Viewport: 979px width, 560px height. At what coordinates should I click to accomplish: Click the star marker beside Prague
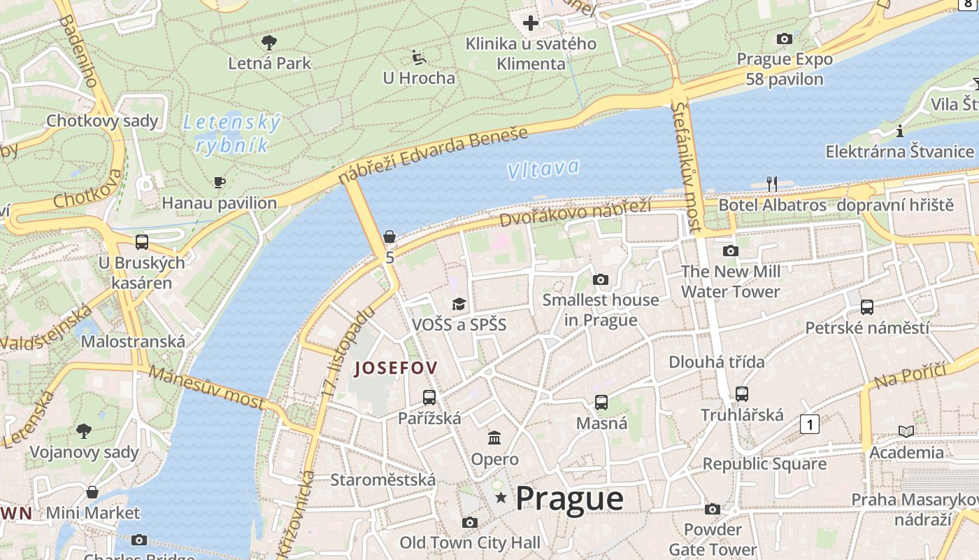click(x=501, y=498)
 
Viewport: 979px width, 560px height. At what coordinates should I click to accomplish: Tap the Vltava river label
click(x=543, y=169)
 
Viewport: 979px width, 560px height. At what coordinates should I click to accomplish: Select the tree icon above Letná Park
click(x=269, y=43)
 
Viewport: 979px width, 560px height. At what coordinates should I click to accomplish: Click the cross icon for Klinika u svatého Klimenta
click(x=531, y=23)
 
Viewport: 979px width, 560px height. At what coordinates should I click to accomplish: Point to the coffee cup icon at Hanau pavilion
click(x=220, y=183)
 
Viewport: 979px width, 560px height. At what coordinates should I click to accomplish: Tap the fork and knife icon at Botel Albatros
click(x=772, y=184)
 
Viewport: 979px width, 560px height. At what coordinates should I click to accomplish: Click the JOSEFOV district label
click(x=396, y=368)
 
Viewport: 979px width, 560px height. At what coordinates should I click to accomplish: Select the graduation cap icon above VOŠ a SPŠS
click(x=459, y=304)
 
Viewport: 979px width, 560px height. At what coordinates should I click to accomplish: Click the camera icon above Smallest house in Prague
click(x=600, y=280)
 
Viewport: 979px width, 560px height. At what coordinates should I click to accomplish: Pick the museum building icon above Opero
click(x=494, y=438)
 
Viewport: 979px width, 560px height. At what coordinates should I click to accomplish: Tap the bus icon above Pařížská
click(x=429, y=398)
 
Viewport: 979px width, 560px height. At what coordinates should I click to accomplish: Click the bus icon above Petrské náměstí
click(x=867, y=307)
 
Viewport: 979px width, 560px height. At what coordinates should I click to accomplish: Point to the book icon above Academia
click(x=906, y=432)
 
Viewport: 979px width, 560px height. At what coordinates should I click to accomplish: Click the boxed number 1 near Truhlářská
click(x=810, y=424)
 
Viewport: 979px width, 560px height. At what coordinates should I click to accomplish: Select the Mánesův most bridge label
click(x=207, y=387)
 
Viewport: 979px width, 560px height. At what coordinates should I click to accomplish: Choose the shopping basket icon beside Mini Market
click(x=92, y=492)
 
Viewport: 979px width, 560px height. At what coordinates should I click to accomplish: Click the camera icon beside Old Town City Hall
click(x=470, y=522)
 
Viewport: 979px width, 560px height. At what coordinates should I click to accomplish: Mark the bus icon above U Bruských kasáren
click(x=142, y=242)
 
